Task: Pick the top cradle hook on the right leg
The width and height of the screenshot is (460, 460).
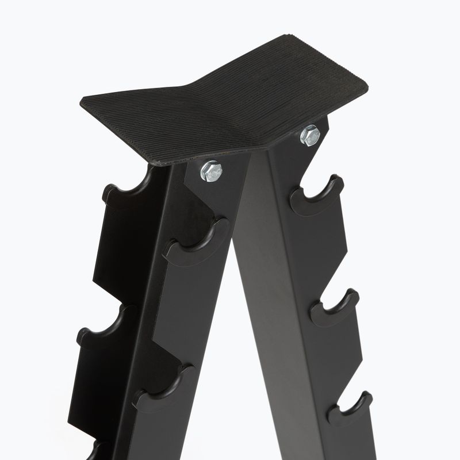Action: point(316,195)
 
